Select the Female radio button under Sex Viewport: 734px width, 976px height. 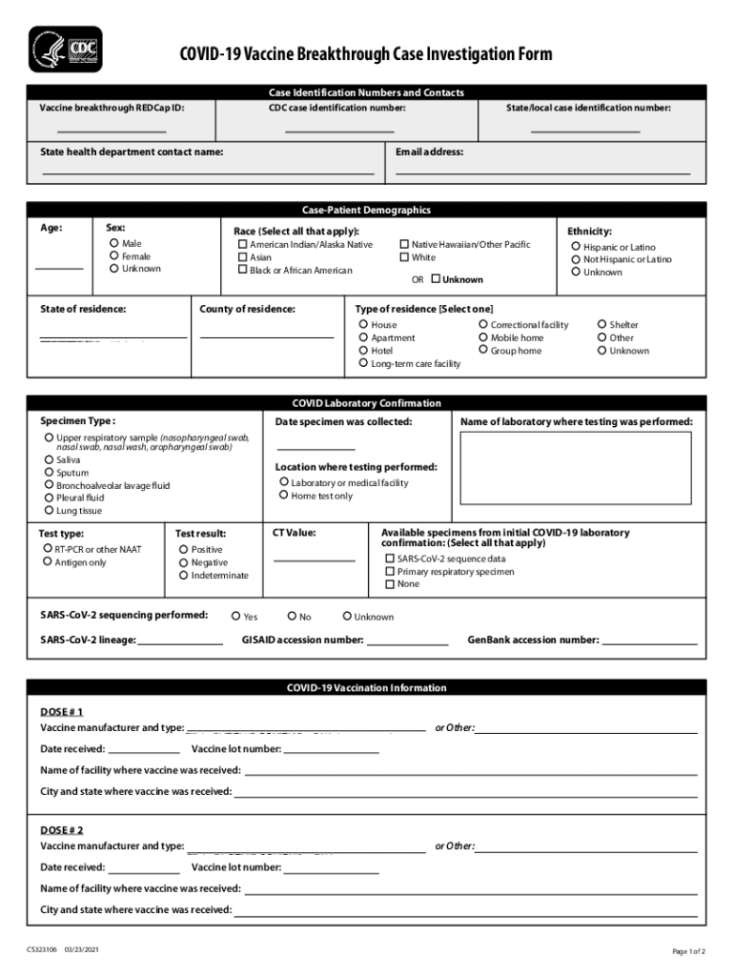coord(114,256)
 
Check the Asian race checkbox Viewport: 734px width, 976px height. coord(242,257)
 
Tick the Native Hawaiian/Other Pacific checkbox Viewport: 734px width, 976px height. coord(404,245)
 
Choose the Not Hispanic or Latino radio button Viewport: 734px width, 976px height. coord(576,259)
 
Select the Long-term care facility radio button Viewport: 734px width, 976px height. coord(363,363)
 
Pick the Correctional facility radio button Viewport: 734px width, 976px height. coord(483,325)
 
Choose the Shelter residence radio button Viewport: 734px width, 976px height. coord(601,325)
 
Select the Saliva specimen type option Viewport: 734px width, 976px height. coord(49,459)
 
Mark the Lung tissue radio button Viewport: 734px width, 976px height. coord(49,510)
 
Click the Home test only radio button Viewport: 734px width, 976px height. coord(283,496)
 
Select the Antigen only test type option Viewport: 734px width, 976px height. coord(47,562)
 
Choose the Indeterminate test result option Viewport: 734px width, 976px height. coord(183,575)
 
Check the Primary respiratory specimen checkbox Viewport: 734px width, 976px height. coord(389,572)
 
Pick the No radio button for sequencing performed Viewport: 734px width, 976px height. coord(292,617)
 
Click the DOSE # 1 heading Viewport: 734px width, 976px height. coord(62,712)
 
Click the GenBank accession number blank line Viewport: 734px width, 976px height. coord(649,645)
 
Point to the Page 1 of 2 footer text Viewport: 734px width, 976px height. coord(688,951)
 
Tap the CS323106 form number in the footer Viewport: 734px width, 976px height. coord(43,950)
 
